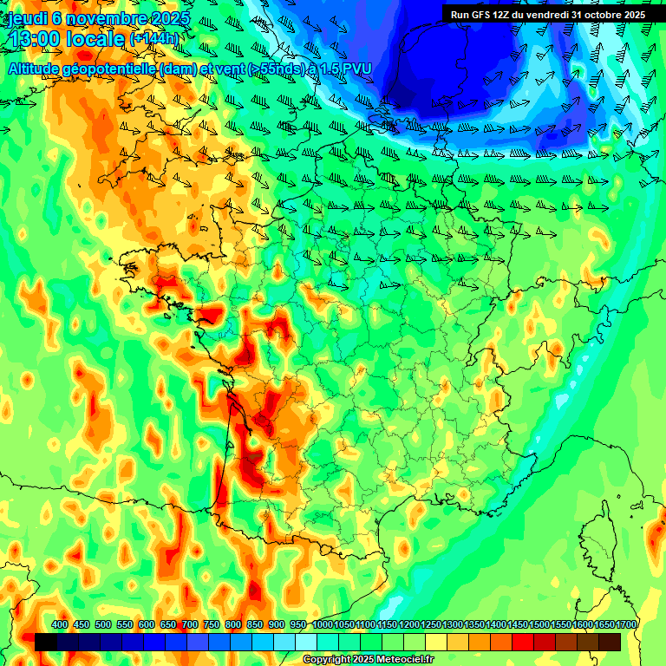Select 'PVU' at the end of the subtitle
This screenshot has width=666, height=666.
[356, 69]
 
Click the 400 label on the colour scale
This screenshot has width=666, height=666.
[60, 624]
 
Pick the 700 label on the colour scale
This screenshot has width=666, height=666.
[190, 624]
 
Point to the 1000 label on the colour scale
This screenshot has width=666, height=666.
[322, 624]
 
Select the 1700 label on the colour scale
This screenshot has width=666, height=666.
[625, 624]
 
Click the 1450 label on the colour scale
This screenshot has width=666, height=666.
[517, 624]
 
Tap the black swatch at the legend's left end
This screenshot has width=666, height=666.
[46, 642]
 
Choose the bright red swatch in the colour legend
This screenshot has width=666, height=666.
[523, 642]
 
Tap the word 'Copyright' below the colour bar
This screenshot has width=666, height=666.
[323, 660]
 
